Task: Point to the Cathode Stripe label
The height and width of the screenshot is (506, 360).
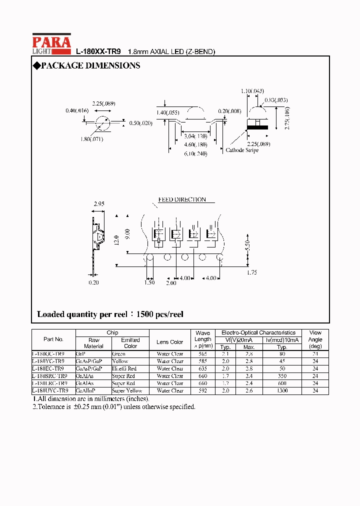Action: pyautogui.click(x=242, y=150)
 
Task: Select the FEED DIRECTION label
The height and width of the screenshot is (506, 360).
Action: pyautogui.click(x=182, y=199)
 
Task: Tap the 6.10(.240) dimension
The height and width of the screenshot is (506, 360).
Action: pyautogui.click(x=195, y=153)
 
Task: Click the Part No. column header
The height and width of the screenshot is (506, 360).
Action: pyautogui.click(x=53, y=339)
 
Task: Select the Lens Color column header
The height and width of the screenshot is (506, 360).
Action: pyautogui.click(x=169, y=342)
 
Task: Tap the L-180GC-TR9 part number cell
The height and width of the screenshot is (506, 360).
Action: pyautogui.click(x=48, y=353)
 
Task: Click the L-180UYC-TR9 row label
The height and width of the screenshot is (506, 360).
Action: pyautogui.click(x=48, y=390)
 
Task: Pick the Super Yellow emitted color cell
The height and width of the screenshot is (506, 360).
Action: pyautogui.click(x=127, y=390)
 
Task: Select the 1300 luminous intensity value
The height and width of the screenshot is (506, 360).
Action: pyautogui.click(x=282, y=390)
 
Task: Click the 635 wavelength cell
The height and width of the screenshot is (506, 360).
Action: pyautogui.click(x=203, y=368)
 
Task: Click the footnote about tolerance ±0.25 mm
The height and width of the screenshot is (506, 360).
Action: pyautogui.click(x=114, y=406)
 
